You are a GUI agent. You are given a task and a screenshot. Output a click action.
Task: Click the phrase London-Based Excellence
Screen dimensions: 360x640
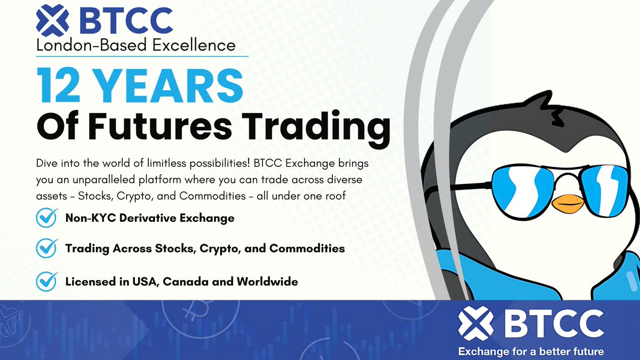click(x=136, y=46)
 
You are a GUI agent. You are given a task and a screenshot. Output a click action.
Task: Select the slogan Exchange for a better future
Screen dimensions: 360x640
click(x=531, y=351)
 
